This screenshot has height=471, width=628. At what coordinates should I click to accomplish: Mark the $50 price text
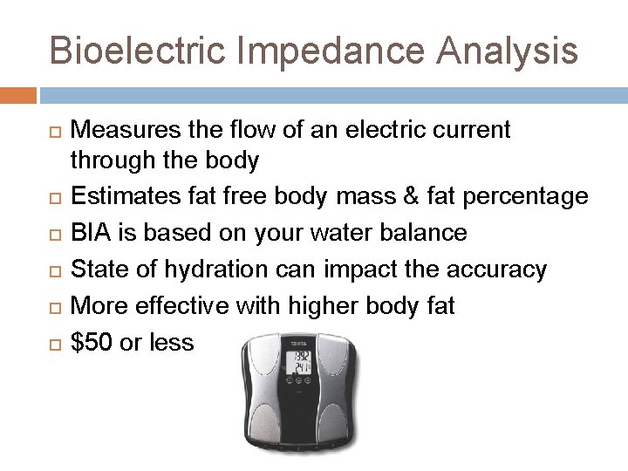(x=89, y=342)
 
